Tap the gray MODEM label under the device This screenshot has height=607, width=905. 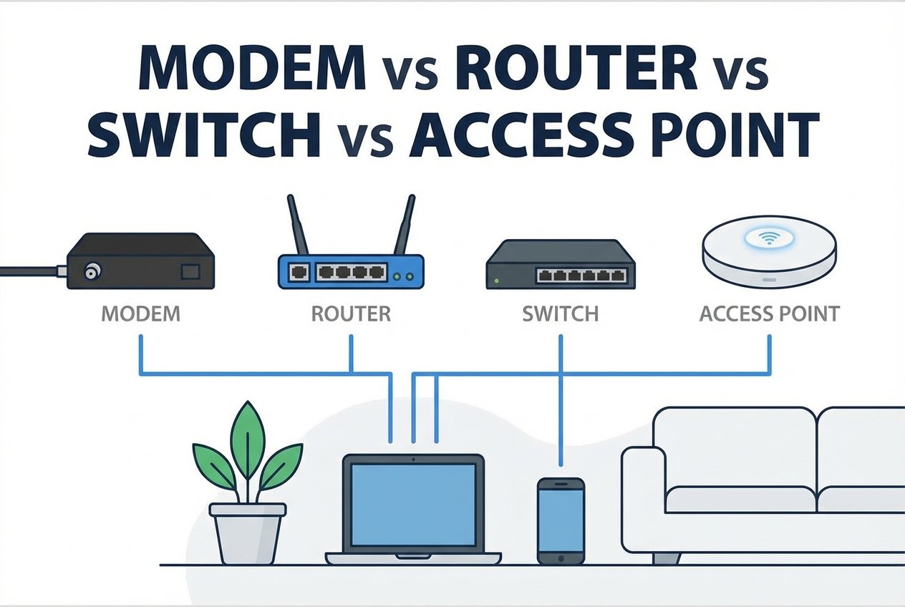[140, 314]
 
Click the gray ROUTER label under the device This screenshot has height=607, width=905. [351, 314]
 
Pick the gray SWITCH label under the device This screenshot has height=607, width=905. [561, 314]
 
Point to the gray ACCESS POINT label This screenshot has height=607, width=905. [770, 314]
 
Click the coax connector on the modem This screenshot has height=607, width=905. [92, 271]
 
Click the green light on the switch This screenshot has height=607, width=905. [493, 280]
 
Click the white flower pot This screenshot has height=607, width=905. [247, 533]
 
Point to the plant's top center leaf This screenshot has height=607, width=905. [247, 437]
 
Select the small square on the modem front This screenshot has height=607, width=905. [191, 272]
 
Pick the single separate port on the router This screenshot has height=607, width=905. [299, 273]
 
